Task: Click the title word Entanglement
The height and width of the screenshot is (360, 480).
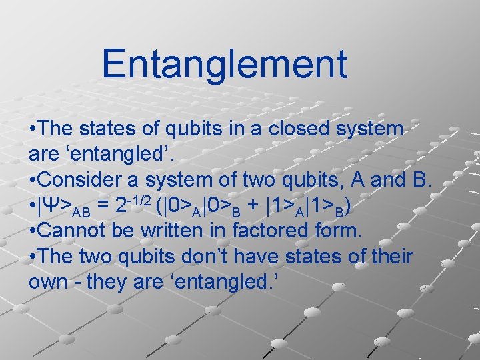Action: pyautogui.click(x=224, y=63)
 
